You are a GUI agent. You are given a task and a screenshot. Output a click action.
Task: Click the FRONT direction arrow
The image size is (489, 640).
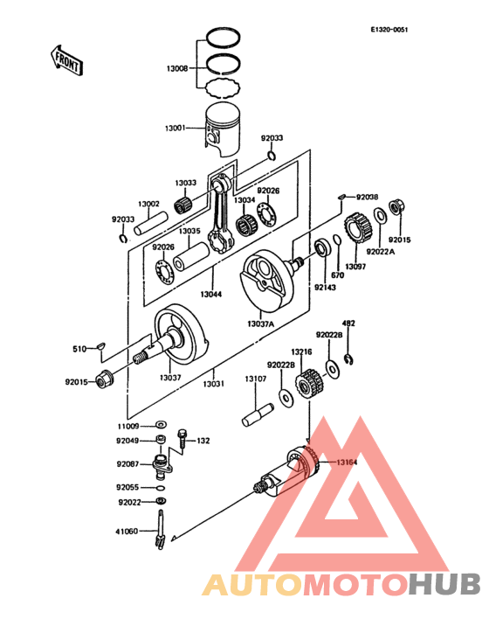coord(66,60)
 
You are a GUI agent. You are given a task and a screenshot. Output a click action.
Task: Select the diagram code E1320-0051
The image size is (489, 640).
coord(389,30)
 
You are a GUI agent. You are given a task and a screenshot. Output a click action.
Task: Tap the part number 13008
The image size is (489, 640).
coord(177,67)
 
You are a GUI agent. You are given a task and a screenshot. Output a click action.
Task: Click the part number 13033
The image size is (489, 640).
coord(184,183)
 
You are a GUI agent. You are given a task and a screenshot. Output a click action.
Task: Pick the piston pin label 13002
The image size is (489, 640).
coord(148,204)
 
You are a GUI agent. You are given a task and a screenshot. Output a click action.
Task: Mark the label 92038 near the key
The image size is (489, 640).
coord(367,198)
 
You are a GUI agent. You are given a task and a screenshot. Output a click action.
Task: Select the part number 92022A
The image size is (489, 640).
coord(381,252)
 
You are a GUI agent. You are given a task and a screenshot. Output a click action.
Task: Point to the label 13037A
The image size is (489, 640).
coord(260,324)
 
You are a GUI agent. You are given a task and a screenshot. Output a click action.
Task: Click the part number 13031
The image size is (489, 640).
coord(213,383)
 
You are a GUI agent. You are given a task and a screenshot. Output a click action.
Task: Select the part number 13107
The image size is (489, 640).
coord(255,378)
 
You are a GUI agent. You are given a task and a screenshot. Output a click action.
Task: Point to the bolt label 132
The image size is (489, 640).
coord(203,441)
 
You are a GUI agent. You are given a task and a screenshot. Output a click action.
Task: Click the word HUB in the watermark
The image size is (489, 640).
coord(444,583)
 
